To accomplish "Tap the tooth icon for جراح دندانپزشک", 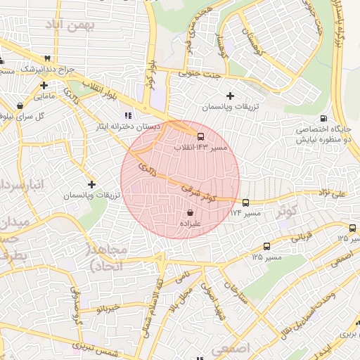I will [x=47, y=58].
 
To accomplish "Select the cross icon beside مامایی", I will [x=44, y=85].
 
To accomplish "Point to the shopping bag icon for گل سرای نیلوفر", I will [x=20, y=106].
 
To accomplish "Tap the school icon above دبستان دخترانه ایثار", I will [x=127, y=115].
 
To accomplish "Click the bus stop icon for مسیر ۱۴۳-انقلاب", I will [x=201, y=136].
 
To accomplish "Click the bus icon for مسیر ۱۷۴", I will [x=245, y=202].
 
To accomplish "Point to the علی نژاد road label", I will [x=332, y=192].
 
